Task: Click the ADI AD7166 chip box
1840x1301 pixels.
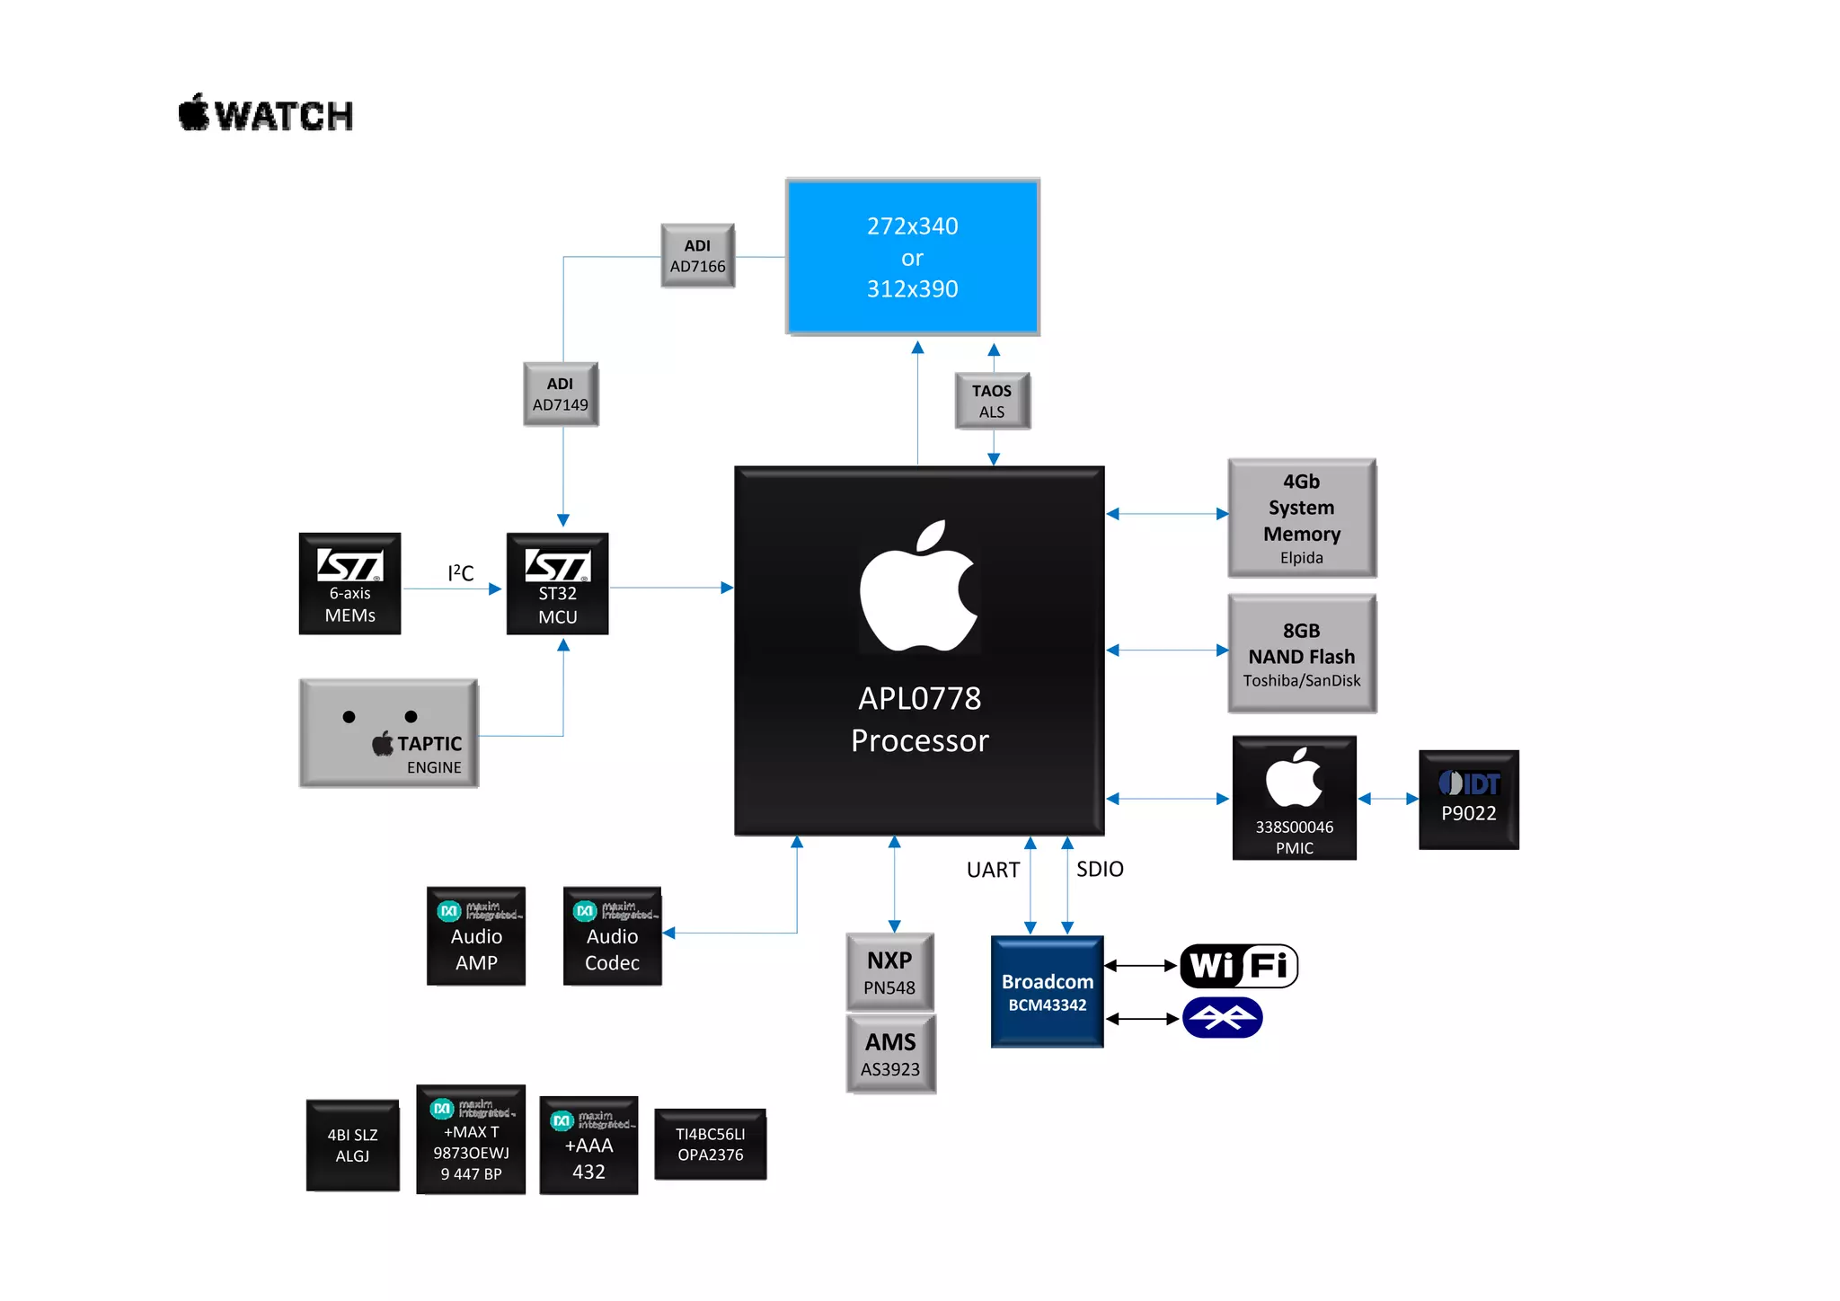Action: [697, 256]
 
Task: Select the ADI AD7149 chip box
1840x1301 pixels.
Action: [561, 394]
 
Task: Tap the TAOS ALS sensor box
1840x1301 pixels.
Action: [992, 401]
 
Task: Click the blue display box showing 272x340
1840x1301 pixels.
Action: [912, 257]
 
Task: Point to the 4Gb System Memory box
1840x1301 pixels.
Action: [1301, 518]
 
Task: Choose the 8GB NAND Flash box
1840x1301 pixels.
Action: [1301, 654]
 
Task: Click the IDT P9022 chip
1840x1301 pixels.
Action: [1468, 800]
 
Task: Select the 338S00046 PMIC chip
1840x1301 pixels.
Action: [1294, 798]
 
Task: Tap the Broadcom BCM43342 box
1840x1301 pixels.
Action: [1047, 992]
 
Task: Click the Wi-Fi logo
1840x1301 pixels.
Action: [1238, 966]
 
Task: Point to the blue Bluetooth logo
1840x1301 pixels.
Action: [1223, 1018]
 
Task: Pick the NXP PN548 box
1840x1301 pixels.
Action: [889, 972]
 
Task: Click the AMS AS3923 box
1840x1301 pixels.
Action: [890, 1054]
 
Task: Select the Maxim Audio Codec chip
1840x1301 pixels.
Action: [612, 936]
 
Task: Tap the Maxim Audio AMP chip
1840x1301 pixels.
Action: [476, 936]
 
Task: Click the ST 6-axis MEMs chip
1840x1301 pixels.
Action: [349, 584]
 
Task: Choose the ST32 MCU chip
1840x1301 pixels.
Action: [557, 584]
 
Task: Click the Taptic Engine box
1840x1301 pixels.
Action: [388, 733]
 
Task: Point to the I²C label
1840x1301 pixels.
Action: [460, 573]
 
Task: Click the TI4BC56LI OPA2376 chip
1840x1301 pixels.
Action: [710, 1145]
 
